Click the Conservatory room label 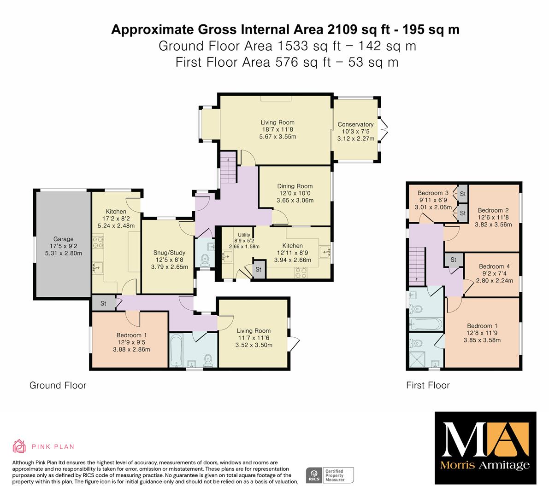coord(355,124)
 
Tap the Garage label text coord(63,239)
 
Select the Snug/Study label coord(170,253)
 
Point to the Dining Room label coord(295,186)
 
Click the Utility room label coord(244,235)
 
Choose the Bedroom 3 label coord(433,193)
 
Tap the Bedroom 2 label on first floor coord(493,210)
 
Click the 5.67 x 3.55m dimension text coord(277,137)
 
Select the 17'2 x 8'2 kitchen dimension coord(116,219)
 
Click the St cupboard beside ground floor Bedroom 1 coord(103,303)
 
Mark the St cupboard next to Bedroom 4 coord(454,260)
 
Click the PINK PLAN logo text coord(53,447)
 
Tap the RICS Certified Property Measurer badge coord(330,475)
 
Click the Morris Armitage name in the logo coord(485,465)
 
